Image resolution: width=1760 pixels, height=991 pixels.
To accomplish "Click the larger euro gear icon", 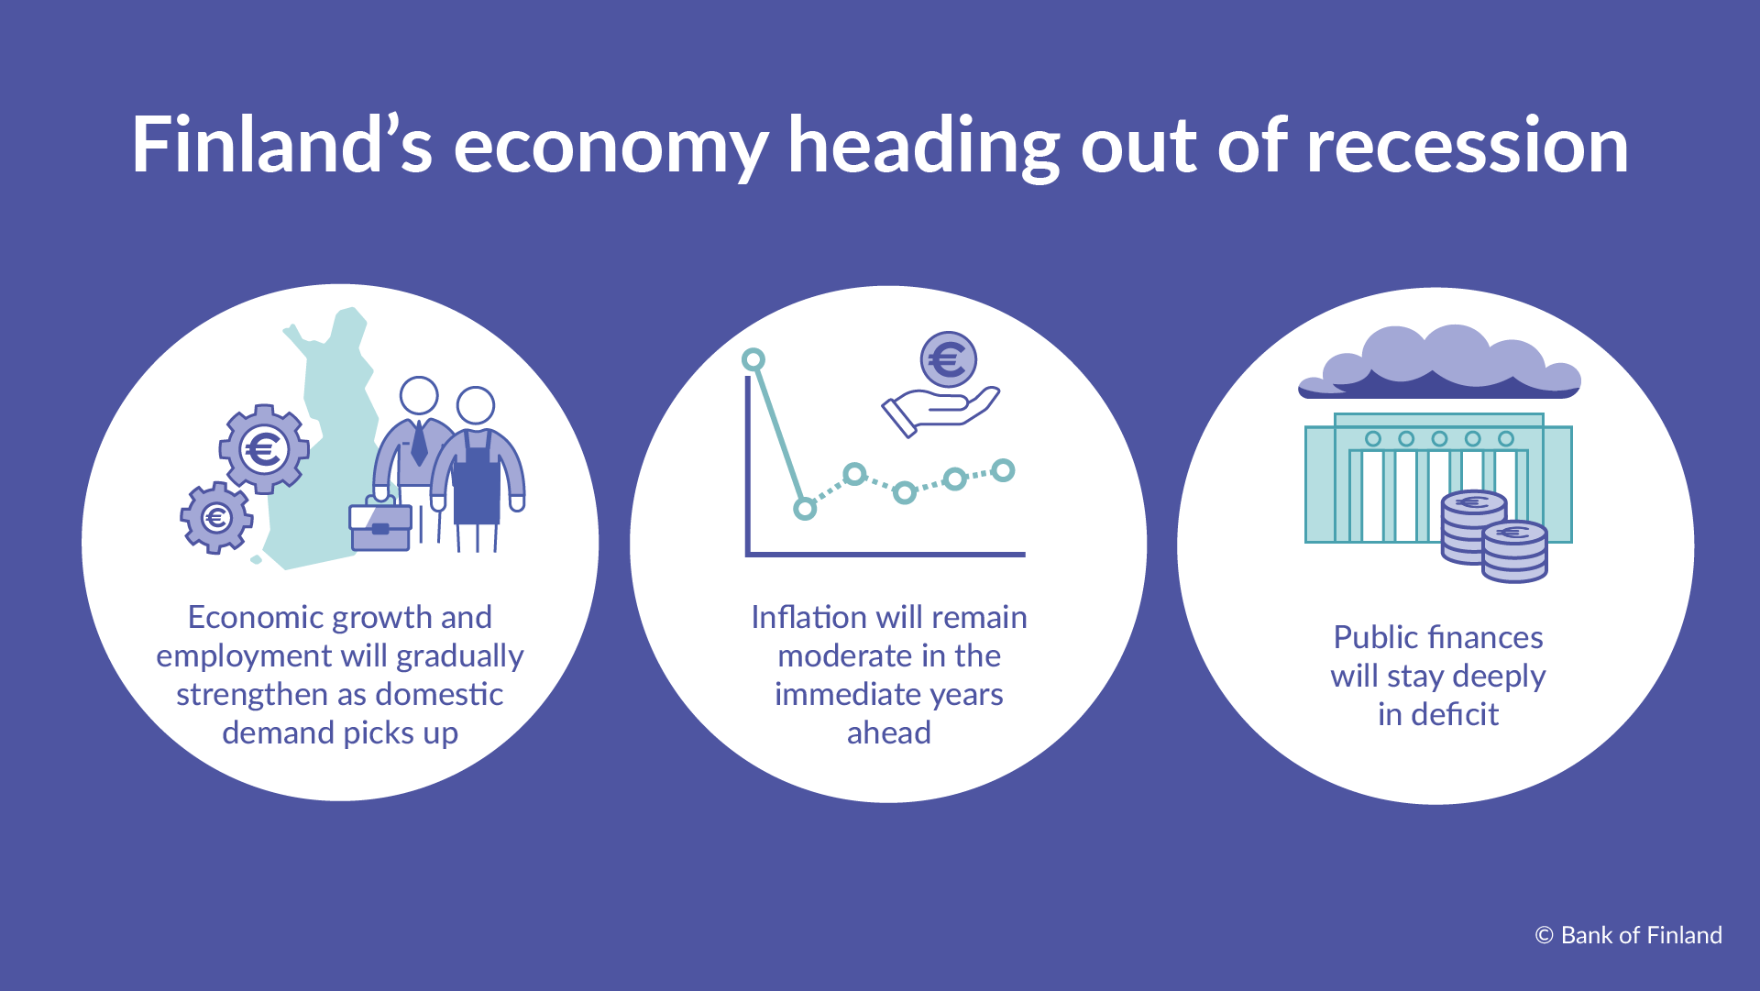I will [x=264, y=449].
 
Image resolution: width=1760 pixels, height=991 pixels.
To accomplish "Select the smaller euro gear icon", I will [x=216, y=518].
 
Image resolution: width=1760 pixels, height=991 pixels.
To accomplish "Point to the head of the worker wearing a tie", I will [x=419, y=396].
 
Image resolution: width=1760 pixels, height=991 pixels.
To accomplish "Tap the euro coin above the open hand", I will [x=948, y=359].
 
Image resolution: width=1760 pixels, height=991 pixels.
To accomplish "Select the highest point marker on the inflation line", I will [x=753, y=359].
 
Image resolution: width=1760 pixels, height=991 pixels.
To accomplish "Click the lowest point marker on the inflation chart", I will [x=805, y=508].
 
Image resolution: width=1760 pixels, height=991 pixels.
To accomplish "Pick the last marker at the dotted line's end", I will [x=1004, y=470].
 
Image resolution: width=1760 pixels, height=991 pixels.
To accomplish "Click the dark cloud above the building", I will [x=1439, y=367].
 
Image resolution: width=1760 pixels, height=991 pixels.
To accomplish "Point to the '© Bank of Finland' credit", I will [x=1628, y=935].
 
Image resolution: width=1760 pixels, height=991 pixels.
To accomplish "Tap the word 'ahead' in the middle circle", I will [x=888, y=732].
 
